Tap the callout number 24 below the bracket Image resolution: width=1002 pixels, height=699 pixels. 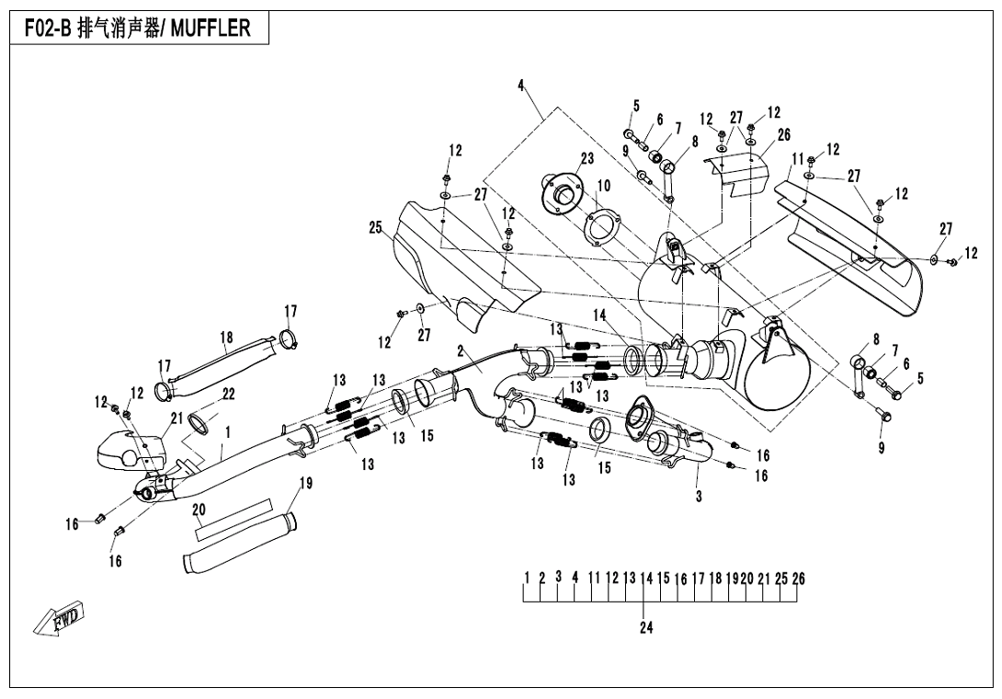click(646, 628)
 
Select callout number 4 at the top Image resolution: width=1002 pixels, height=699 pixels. click(521, 86)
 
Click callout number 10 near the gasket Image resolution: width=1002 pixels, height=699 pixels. click(603, 186)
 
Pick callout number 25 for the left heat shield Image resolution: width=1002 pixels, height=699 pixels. click(375, 228)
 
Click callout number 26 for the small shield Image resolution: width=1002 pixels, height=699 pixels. click(783, 135)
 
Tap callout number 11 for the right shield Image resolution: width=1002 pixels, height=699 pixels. click(798, 158)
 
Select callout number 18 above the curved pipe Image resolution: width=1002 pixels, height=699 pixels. click(226, 338)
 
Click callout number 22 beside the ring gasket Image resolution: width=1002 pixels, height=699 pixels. click(229, 394)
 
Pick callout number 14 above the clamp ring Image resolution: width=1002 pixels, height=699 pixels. click(599, 315)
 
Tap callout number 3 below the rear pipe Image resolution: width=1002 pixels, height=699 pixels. click(699, 497)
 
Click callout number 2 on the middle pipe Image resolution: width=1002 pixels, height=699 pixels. click(460, 352)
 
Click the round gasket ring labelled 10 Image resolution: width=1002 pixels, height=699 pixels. click(600, 228)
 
